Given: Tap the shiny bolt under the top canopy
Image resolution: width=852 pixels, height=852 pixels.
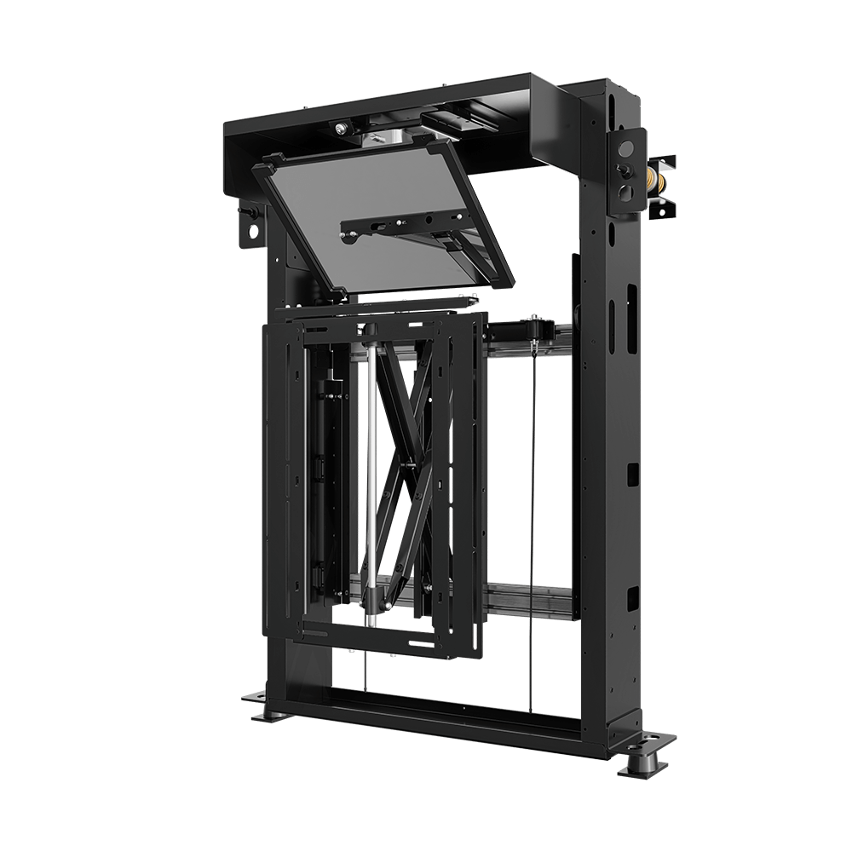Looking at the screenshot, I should coord(341,130).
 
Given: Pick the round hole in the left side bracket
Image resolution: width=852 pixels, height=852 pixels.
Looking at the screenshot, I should coord(250,230).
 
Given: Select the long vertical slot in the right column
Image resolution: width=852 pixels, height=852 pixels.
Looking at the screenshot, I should coord(631,315).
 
